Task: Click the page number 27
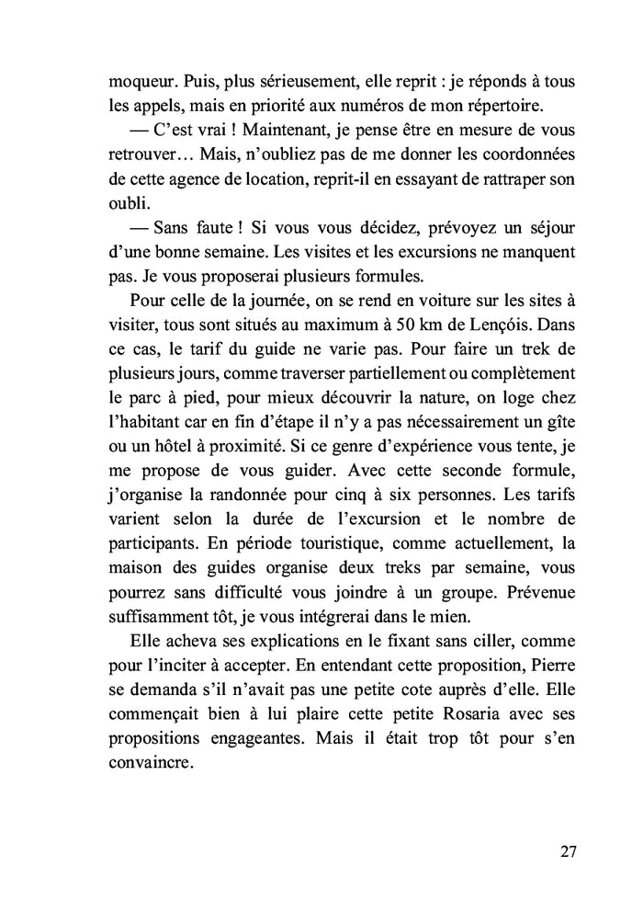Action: click(x=567, y=850)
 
